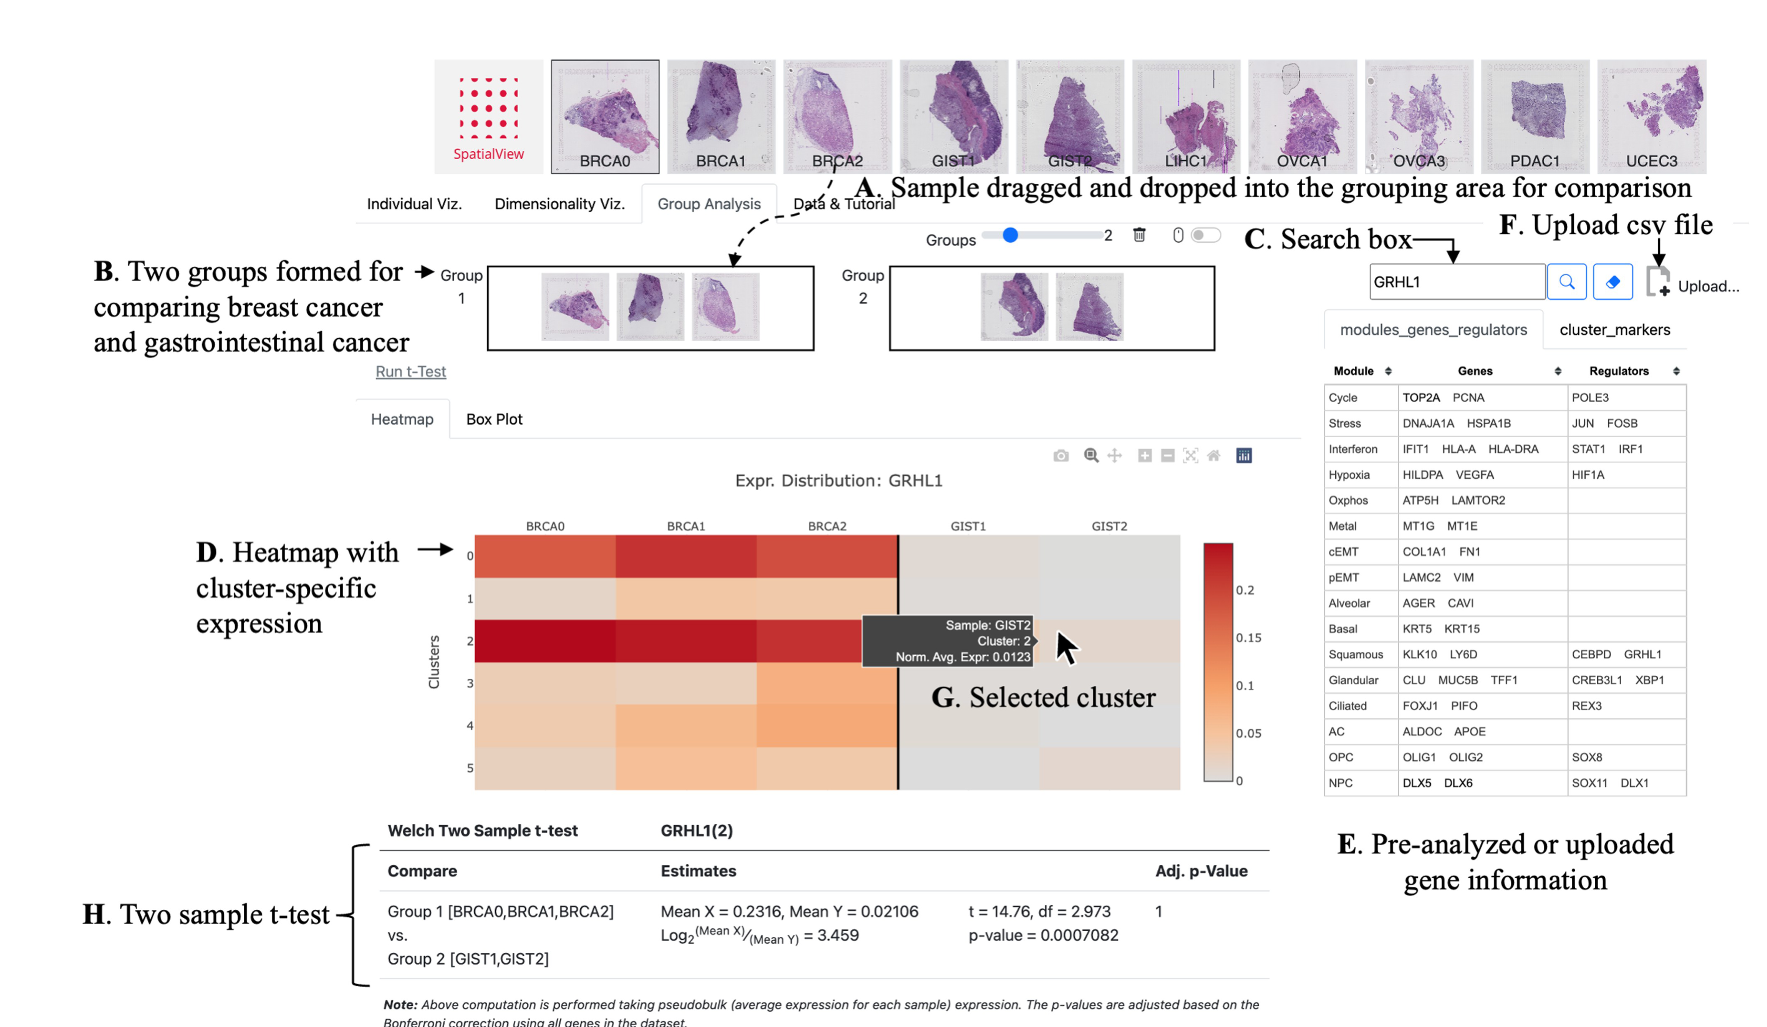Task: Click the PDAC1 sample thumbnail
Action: pos(1534,116)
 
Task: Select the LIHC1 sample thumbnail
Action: pos(1186,116)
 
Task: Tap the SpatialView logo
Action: pos(488,116)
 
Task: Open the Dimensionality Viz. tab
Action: pos(559,204)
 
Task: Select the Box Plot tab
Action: pos(494,419)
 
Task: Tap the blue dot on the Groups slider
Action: pos(1010,235)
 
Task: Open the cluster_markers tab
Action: pos(1614,330)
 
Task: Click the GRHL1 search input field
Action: pos(1456,282)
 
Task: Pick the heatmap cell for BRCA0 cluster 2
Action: pos(545,641)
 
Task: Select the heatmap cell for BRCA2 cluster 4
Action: pos(827,726)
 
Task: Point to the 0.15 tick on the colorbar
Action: pos(1248,638)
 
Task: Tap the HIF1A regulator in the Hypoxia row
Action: pos(1587,474)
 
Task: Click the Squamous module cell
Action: pos(1355,654)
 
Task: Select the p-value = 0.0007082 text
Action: pos(1043,935)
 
